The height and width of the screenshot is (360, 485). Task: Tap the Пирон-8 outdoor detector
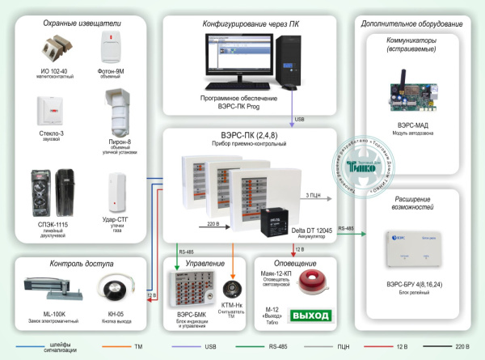[118, 112]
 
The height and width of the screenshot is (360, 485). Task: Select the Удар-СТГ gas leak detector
[118, 188]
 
